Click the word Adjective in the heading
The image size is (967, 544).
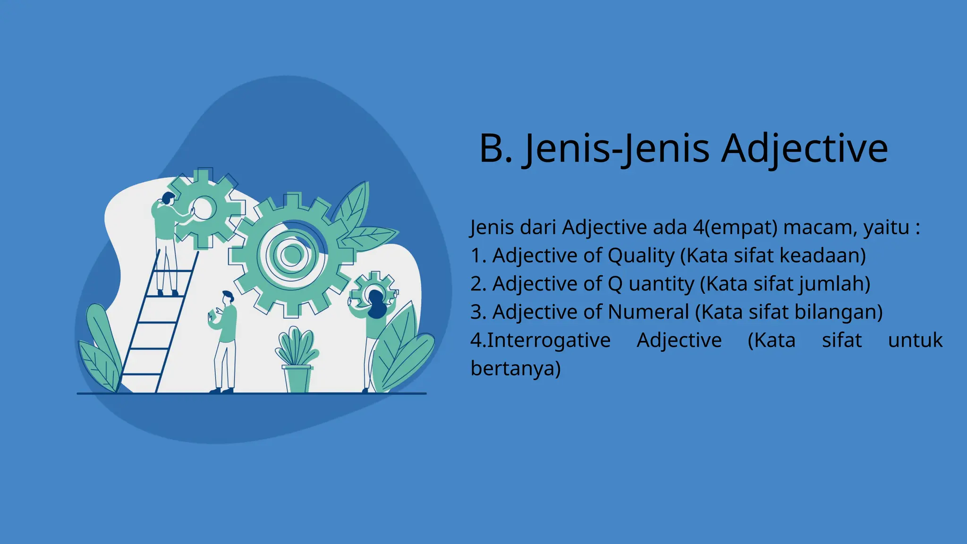click(805, 148)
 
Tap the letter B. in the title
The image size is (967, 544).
click(495, 148)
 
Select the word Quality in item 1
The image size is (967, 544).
click(641, 256)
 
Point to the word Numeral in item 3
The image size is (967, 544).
click(648, 312)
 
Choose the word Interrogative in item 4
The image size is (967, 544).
click(549, 340)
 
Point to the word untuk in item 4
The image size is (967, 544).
click(915, 340)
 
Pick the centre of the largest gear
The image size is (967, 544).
click(291, 255)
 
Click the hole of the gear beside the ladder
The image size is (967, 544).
click(203, 208)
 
